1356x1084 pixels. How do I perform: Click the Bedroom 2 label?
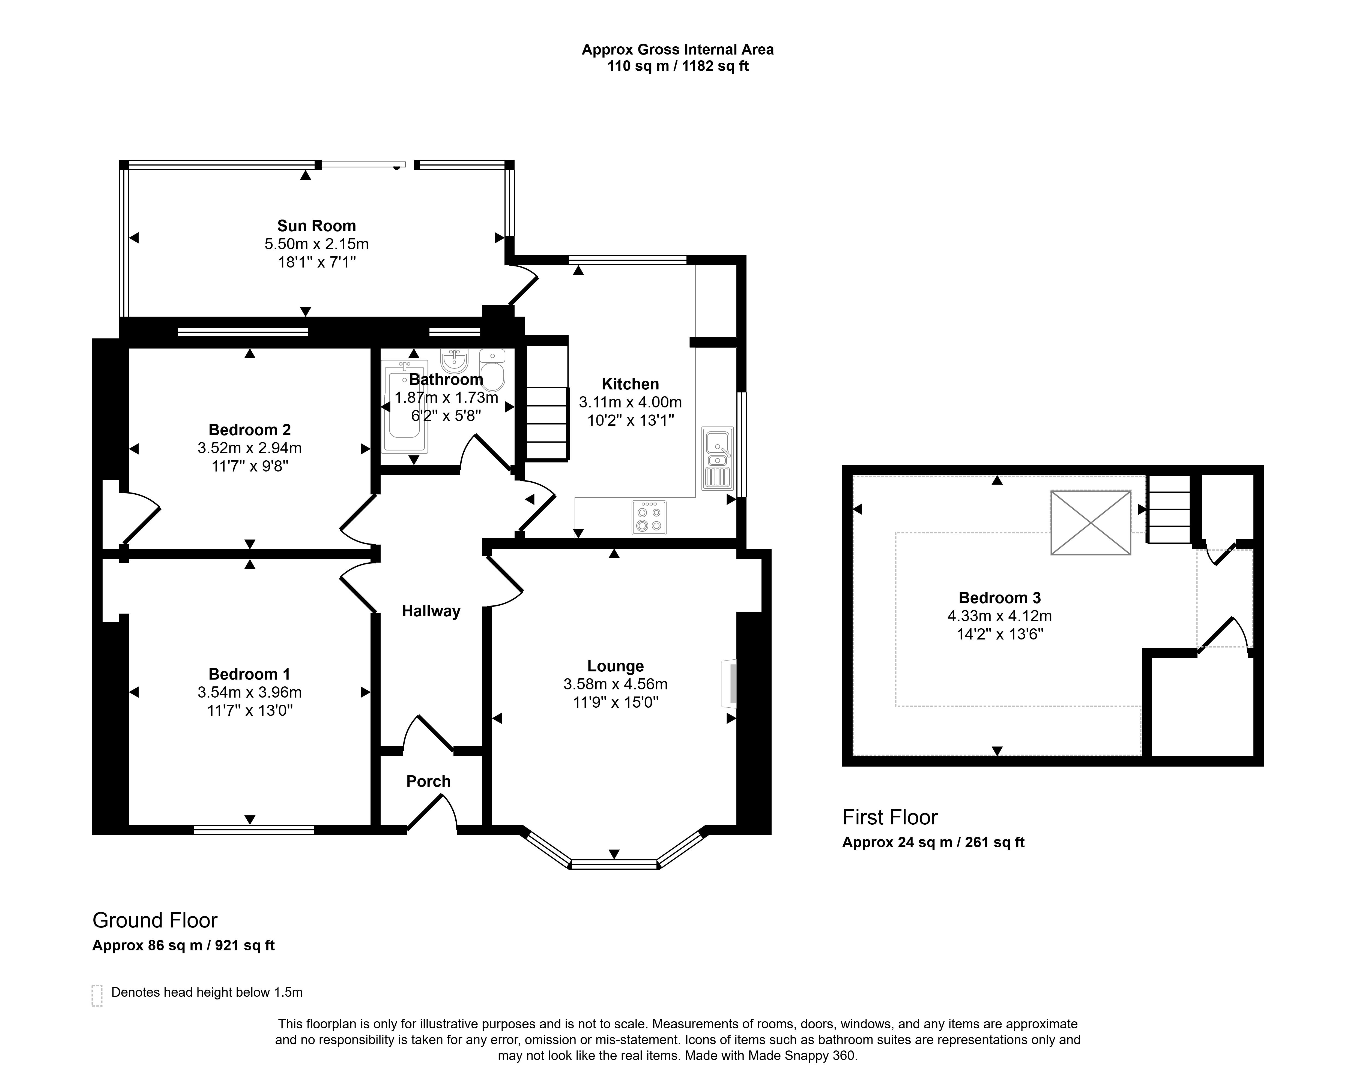(250, 430)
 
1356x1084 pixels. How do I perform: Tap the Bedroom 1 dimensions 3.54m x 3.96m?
(250, 692)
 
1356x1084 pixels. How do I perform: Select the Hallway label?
(431, 611)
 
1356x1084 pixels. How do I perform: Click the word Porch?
(428, 782)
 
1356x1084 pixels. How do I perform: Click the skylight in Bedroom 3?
(1091, 523)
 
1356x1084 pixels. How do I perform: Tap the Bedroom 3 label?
(999, 598)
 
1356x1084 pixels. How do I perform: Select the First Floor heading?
(890, 817)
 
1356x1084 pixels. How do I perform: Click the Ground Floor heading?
(155, 921)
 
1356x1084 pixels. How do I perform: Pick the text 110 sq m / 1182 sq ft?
(678, 66)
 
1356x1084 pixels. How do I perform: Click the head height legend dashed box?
(97, 995)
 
